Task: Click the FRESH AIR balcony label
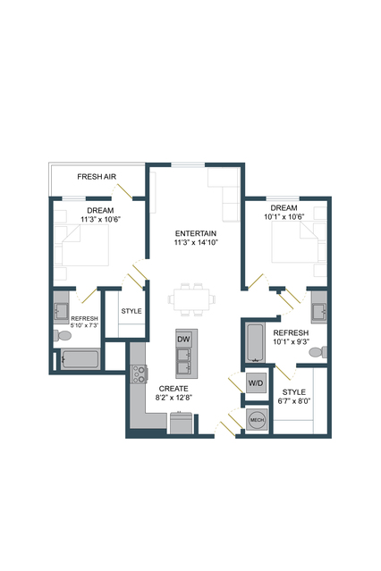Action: [97, 177]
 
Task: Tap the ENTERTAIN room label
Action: [196, 233]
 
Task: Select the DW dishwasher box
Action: [183, 339]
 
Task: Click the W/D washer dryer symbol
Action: [256, 383]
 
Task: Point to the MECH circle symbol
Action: [257, 419]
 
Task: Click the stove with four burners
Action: [139, 374]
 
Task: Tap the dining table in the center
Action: [191, 299]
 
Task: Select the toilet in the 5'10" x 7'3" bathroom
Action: [62, 335]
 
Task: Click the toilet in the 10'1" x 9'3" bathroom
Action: [318, 352]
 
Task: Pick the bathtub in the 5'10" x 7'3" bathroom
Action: [80, 359]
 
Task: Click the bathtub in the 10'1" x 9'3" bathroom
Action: [255, 342]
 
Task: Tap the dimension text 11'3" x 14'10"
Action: [196, 242]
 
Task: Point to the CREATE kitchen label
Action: [174, 389]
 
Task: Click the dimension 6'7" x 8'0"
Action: [294, 401]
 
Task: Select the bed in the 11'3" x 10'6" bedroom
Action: [85, 245]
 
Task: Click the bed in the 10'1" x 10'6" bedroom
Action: [294, 242]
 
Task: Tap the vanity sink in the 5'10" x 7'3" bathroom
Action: [61, 311]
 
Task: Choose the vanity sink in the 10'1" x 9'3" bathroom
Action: [319, 312]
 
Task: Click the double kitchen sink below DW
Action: [183, 361]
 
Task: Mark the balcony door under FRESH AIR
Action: [124, 191]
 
